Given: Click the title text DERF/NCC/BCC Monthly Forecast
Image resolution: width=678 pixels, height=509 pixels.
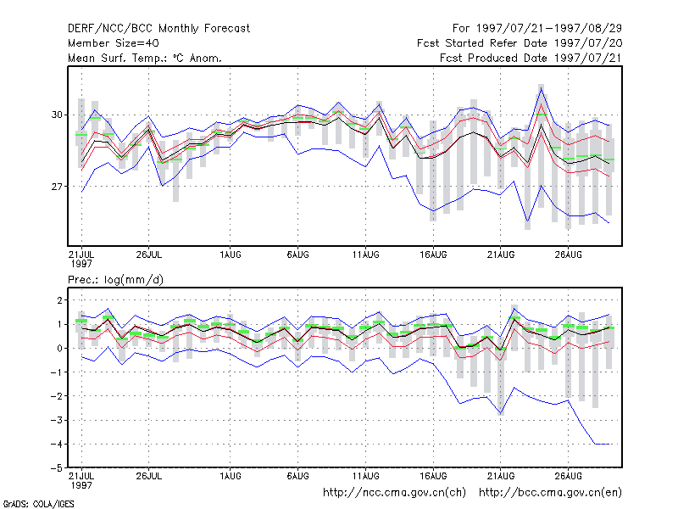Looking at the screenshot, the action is [158, 29].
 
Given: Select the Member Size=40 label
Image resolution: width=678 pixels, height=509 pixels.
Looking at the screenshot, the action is [114, 43].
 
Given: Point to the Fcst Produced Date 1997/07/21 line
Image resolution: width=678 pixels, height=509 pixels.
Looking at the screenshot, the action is [531, 58].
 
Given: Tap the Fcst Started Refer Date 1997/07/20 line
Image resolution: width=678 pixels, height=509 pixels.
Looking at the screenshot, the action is [520, 43].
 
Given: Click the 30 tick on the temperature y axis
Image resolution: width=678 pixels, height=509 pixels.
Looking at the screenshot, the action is [57, 115].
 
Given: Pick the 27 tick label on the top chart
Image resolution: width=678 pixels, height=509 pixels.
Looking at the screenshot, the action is [57, 187].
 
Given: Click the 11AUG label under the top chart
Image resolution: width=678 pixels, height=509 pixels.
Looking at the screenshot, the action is [365, 255].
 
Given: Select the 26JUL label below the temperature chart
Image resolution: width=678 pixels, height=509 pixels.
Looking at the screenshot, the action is [149, 255].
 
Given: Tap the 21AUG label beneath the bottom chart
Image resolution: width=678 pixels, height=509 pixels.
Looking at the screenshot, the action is [501, 476].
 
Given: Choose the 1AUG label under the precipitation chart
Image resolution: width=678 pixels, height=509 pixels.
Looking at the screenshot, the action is [230, 476].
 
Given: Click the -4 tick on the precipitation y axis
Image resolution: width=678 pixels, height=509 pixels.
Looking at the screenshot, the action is [57, 444].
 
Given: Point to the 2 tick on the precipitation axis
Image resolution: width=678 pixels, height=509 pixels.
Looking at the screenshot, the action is [59, 300].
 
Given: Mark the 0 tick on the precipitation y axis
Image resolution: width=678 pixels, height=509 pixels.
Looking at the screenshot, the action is [59, 348].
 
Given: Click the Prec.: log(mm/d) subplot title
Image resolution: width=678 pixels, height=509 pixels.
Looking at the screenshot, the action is [115, 280].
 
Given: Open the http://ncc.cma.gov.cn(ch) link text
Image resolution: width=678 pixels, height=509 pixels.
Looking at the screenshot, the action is [394, 493].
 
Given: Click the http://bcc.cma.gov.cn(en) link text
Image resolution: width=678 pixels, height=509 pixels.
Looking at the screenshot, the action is [550, 493].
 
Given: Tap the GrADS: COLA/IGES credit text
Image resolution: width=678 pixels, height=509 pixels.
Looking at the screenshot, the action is [38, 504].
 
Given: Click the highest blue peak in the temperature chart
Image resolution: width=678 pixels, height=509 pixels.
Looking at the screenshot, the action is [541, 88].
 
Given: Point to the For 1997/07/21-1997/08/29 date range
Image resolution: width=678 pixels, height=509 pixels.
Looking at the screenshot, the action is [537, 29].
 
